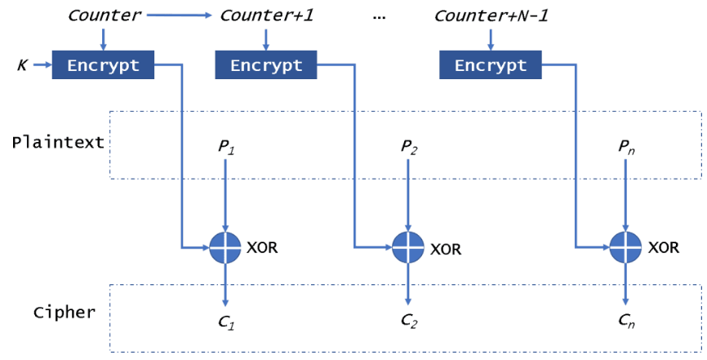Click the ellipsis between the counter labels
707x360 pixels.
(x=378, y=16)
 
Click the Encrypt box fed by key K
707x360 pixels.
(x=103, y=64)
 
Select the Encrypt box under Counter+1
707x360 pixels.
(x=265, y=64)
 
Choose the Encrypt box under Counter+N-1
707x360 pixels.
(x=490, y=64)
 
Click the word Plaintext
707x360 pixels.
(x=58, y=142)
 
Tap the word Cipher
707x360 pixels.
(x=64, y=313)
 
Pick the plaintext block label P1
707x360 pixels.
(x=225, y=147)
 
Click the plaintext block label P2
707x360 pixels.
(x=408, y=147)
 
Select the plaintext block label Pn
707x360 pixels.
(x=625, y=147)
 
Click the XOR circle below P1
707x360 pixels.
(x=225, y=247)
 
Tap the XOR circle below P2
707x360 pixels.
(x=408, y=247)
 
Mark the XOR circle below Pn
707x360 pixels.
(x=625, y=247)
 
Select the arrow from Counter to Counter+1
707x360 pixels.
(x=181, y=15)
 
